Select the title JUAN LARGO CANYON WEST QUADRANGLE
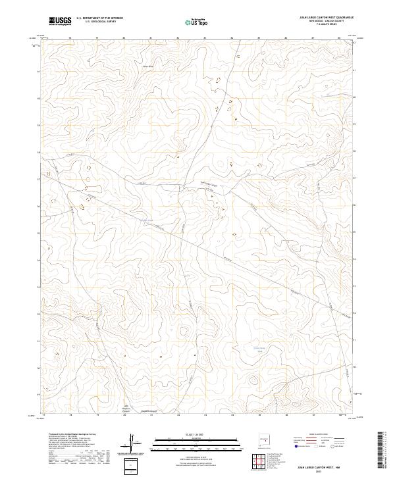pos(317,18)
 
